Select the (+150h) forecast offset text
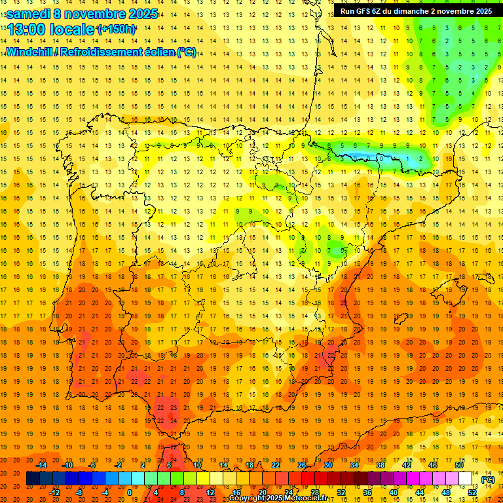[x=117, y=29]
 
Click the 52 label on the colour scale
[x=472, y=492]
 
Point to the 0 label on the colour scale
[x=130, y=492]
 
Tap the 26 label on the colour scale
[x=301, y=464]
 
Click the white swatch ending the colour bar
[x=465, y=479]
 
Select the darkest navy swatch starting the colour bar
[x=33, y=479]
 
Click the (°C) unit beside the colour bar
[x=488, y=479]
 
